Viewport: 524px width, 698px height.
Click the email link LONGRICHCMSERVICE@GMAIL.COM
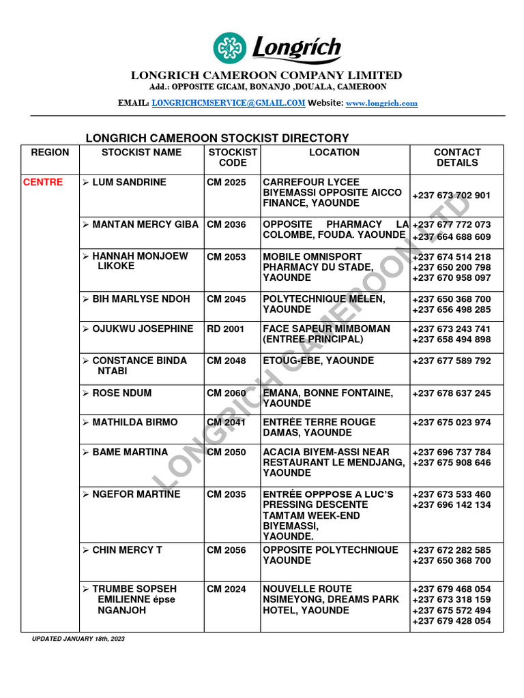[x=228, y=103]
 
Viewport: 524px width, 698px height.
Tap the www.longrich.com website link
[x=381, y=104]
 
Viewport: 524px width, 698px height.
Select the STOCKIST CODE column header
[x=233, y=157]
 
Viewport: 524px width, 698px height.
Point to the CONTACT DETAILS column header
[x=457, y=157]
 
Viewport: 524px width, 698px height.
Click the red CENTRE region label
[x=43, y=183]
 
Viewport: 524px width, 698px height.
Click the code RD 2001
[x=226, y=329]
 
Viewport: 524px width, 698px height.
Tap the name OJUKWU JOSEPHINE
[x=143, y=329]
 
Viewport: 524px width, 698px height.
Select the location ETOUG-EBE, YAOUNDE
[x=319, y=361]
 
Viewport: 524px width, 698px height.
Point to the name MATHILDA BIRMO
[x=134, y=423]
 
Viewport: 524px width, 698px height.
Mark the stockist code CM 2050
[x=227, y=452]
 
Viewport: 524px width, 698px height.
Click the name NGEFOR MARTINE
[x=136, y=494]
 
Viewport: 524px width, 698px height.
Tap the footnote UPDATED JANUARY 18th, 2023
[x=78, y=639]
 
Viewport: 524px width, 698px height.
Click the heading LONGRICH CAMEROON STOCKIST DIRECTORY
[x=217, y=138]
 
